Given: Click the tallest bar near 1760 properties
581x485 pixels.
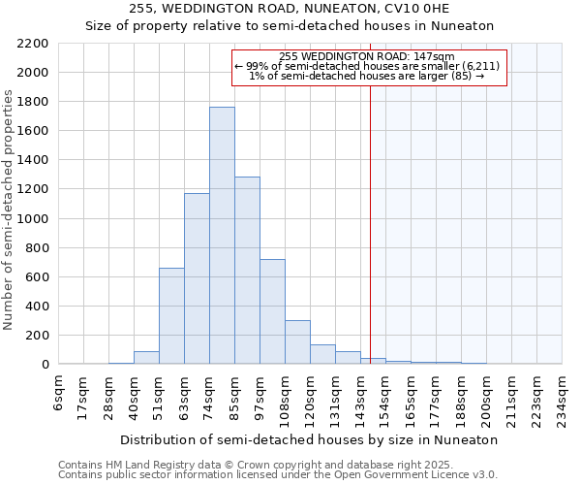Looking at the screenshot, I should pyautogui.click(x=222, y=236).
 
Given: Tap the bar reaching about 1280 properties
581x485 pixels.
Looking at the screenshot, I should pyautogui.click(x=247, y=271).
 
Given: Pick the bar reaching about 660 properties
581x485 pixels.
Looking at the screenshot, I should pyautogui.click(x=171, y=316).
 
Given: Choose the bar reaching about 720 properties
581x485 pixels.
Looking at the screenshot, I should pyautogui.click(x=272, y=311).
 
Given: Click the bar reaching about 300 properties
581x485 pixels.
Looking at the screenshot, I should pyautogui.click(x=297, y=342).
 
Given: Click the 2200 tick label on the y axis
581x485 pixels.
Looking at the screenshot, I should pyautogui.click(x=33, y=44).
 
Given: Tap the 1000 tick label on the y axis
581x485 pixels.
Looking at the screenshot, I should pyautogui.click(x=33, y=218).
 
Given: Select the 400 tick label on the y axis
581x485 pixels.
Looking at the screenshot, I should pyautogui.click(x=37, y=307).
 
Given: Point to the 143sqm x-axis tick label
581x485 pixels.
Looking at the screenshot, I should pyautogui.click(x=360, y=395).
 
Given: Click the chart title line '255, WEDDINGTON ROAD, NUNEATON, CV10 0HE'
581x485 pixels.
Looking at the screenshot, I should pyautogui.click(x=290, y=9).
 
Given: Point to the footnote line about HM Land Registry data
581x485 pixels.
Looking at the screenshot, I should pyautogui.click(x=277, y=466).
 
